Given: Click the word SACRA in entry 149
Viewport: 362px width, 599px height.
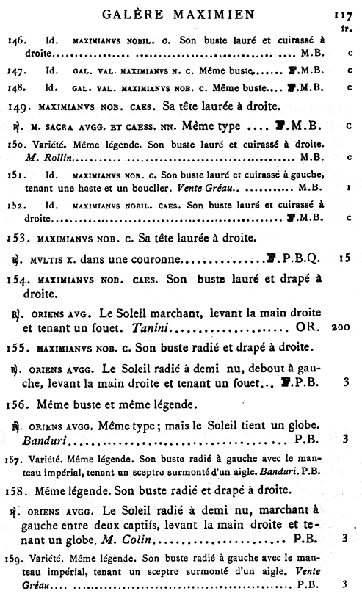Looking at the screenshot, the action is [x=67, y=127].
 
